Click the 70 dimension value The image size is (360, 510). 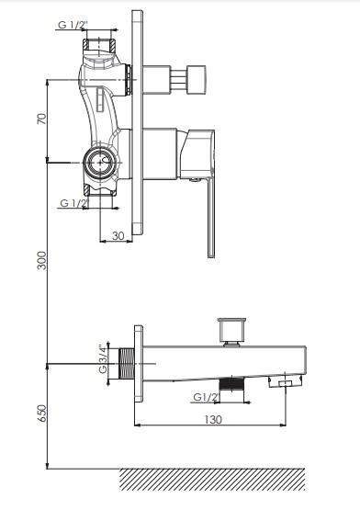click(x=41, y=119)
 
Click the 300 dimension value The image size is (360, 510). click(x=41, y=260)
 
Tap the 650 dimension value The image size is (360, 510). click(x=41, y=414)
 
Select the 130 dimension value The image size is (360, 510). click(x=213, y=419)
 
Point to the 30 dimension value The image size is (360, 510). click(x=118, y=235)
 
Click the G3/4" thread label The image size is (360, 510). click(x=103, y=359)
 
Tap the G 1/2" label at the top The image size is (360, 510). click(x=71, y=25)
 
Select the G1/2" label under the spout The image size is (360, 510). click(x=207, y=397)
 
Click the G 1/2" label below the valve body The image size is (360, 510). click(x=74, y=203)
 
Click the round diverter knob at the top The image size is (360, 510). click(x=197, y=79)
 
